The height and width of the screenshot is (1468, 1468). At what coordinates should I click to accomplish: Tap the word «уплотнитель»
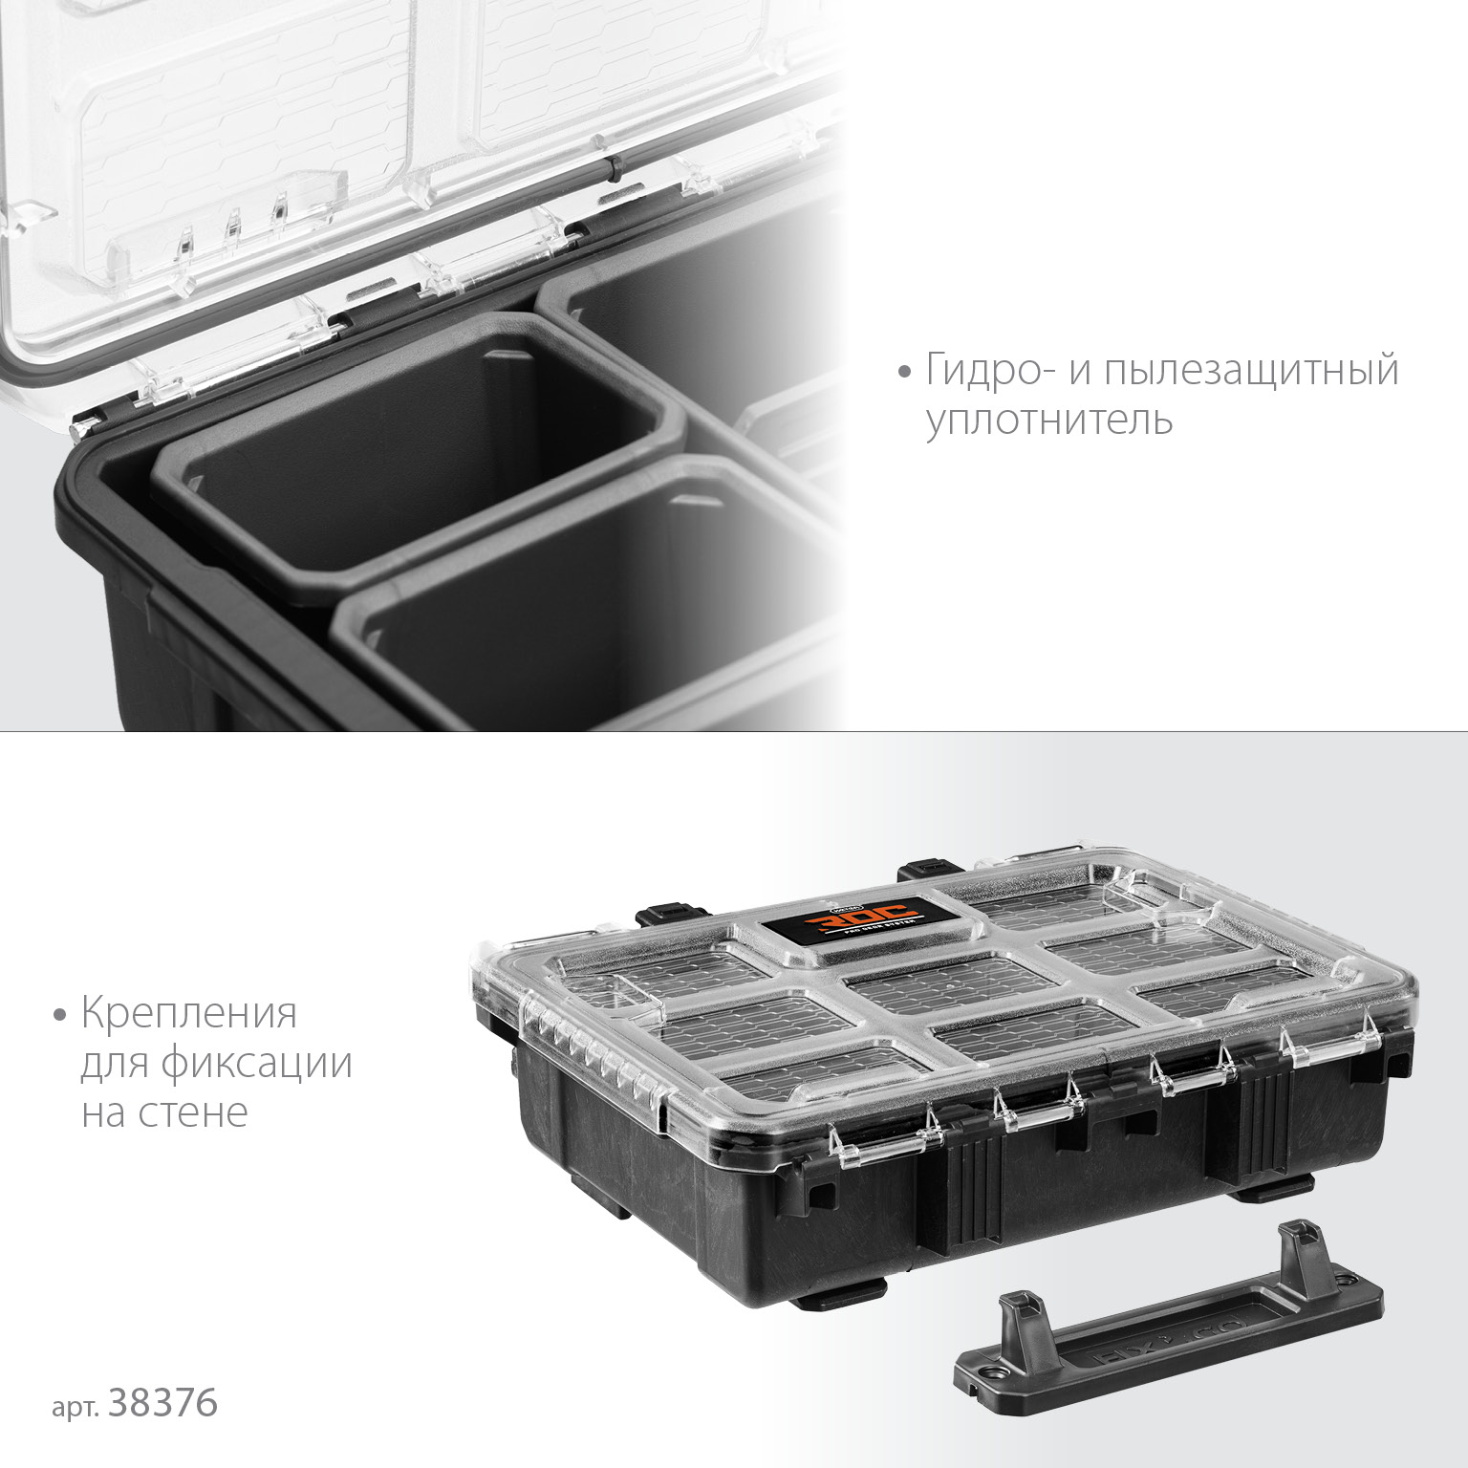click(1048, 421)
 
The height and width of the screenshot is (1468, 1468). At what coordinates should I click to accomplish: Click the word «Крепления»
click(189, 1013)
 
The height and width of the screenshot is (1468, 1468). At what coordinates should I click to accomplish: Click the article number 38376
click(164, 1403)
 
